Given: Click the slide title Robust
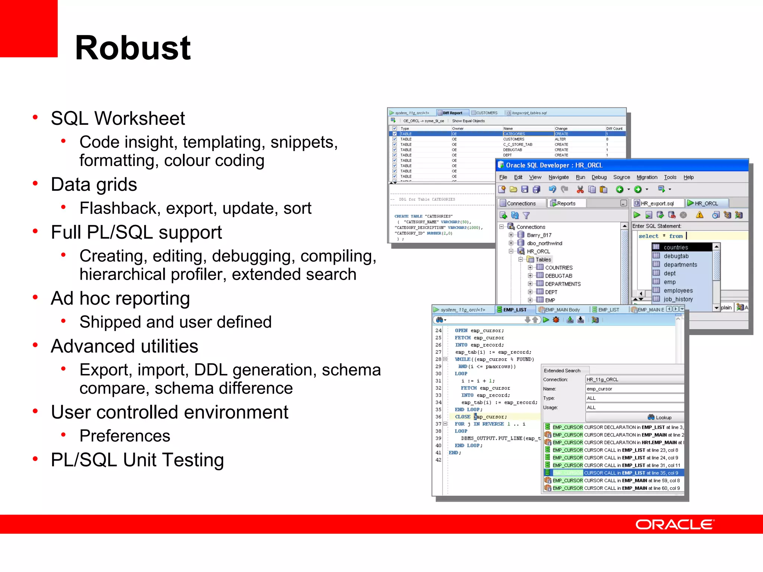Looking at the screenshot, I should coord(133,48).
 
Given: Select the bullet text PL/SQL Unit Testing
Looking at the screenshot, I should coord(137,460).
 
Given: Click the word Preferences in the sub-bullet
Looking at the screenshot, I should coord(125,436).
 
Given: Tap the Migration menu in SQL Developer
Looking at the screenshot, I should coord(647,177).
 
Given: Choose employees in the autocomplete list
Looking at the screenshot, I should coord(678,290).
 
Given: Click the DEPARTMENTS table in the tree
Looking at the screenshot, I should coord(563,284).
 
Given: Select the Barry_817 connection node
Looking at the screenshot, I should coord(539,235).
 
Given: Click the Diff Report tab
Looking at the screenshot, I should coord(452,113).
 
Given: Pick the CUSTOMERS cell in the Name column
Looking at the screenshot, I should coord(514,139).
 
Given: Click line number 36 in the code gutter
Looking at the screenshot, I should coord(439,417).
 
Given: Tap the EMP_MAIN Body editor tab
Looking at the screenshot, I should coord(562,310).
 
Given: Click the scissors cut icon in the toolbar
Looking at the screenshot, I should coord(580,190).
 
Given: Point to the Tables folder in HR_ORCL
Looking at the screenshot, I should coord(543,260).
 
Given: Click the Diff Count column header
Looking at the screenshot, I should coord(614,128).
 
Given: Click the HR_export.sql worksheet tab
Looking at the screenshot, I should coord(657,203).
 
